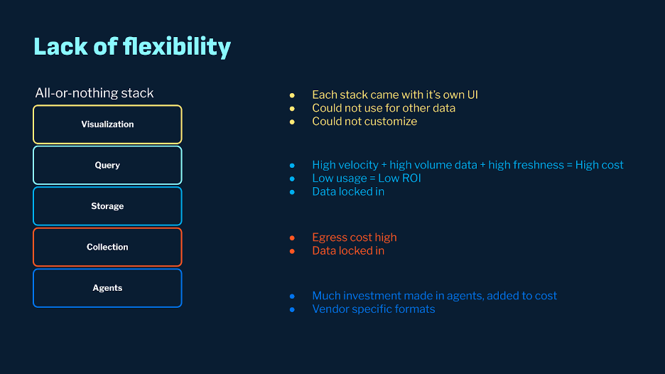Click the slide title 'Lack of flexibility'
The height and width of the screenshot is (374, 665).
(x=132, y=47)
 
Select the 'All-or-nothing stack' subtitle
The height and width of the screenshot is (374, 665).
(x=94, y=93)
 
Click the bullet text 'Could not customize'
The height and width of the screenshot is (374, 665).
(x=364, y=122)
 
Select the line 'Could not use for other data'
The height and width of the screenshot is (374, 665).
(x=384, y=108)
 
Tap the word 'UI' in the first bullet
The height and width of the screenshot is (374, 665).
(x=472, y=95)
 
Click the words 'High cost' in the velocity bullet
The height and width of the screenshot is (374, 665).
(x=599, y=165)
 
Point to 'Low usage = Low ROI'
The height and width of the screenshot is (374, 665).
(x=367, y=178)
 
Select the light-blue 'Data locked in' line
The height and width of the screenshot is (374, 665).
(x=348, y=191)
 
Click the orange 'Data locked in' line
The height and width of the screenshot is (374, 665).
(x=348, y=250)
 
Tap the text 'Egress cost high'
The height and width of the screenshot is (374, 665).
(x=354, y=237)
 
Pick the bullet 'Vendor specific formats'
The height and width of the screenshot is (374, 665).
(x=373, y=309)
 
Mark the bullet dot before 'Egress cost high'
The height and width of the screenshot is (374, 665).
(x=292, y=237)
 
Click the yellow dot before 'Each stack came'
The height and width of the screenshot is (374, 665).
(x=292, y=95)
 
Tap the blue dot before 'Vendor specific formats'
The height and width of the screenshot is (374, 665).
(x=292, y=309)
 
